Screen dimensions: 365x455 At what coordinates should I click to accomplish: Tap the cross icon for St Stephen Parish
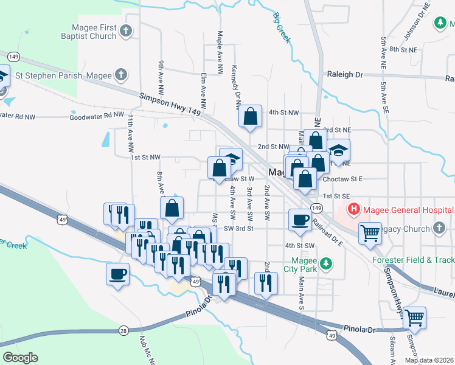click(120, 75)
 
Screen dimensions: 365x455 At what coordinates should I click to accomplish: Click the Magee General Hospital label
click(406, 210)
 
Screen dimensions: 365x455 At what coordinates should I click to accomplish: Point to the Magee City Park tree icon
click(327, 263)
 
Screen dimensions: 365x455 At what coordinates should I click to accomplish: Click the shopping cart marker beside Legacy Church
click(370, 233)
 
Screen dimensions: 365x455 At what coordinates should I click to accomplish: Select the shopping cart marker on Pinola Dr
click(414, 317)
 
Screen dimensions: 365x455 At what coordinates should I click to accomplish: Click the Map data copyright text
click(428, 360)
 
